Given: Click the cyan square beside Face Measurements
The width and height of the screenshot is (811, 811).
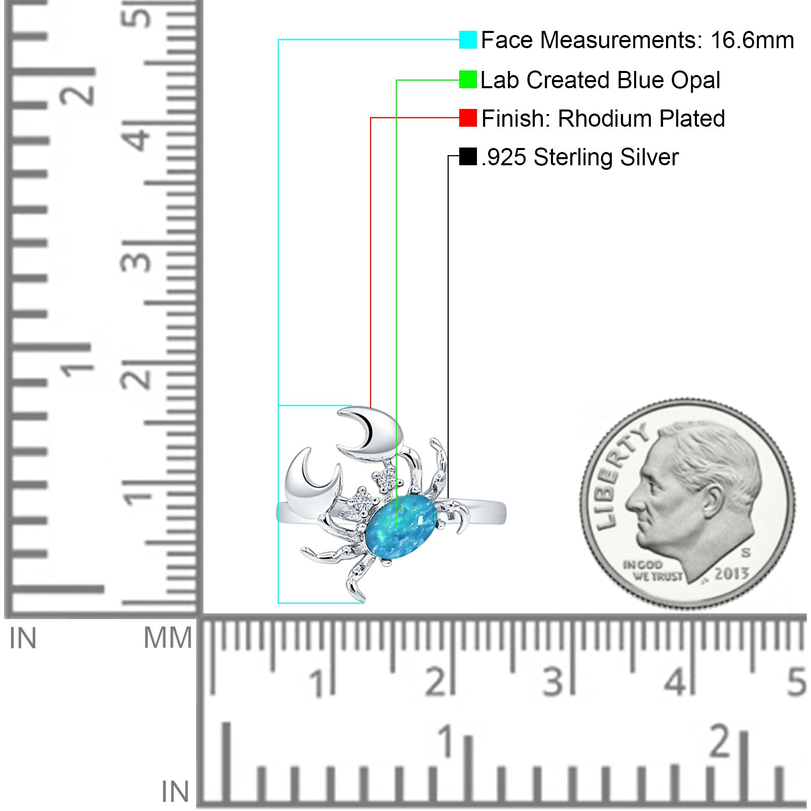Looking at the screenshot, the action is click(x=468, y=40).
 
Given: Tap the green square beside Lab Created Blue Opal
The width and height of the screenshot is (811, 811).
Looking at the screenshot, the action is click(x=468, y=80).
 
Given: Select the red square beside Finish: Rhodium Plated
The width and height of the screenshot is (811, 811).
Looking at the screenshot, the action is click(x=468, y=118).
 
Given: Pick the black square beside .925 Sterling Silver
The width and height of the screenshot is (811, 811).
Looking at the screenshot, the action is click(x=468, y=157).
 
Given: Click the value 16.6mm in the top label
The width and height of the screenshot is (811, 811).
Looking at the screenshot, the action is click(x=752, y=40).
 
